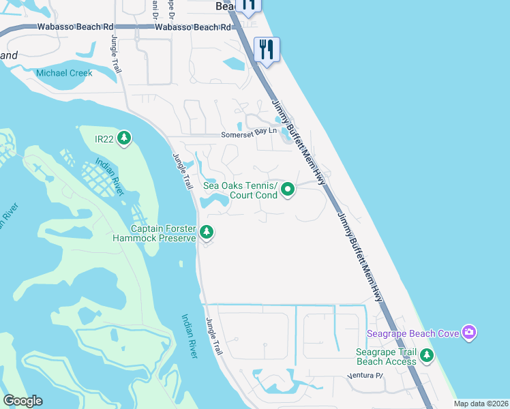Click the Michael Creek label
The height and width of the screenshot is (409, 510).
[65, 73]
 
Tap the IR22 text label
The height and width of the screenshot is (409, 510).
[104, 139]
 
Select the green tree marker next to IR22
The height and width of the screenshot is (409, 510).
[123, 139]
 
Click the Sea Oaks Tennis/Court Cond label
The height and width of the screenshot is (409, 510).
[241, 190]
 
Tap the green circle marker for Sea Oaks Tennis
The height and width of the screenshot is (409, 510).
[288, 190]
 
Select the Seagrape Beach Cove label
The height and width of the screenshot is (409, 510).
[412, 333]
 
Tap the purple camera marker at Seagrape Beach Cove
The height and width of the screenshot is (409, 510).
[468, 333]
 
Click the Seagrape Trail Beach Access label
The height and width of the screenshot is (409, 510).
[386, 357]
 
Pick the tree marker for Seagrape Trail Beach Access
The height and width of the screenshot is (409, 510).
[427, 355]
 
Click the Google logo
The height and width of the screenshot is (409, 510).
[22, 401]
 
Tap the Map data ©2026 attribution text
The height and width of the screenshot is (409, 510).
[480, 404]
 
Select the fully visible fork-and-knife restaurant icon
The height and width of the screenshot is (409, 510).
[267, 50]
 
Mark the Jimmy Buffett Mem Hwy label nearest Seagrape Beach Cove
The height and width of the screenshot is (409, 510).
[360, 256]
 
